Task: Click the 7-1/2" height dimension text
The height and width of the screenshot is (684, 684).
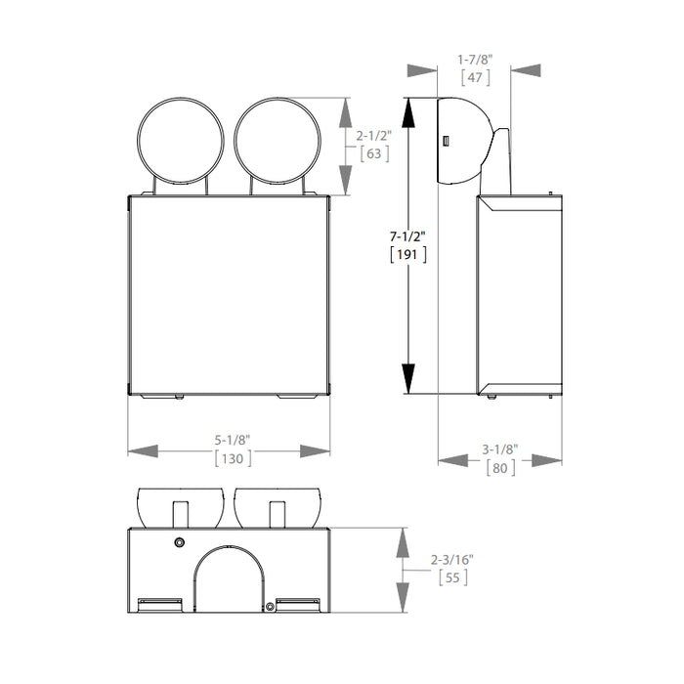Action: [x=407, y=236]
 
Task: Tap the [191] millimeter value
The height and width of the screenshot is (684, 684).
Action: [x=407, y=254]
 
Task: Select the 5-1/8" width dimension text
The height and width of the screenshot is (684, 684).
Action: [x=231, y=440]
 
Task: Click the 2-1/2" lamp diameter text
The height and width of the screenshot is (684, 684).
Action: [x=373, y=136]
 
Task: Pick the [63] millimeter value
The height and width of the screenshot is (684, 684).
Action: [x=373, y=153]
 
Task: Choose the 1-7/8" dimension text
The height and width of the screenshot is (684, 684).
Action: [x=475, y=60]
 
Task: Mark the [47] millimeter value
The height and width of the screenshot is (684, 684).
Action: [x=475, y=78]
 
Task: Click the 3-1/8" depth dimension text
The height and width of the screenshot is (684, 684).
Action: [x=500, y=449]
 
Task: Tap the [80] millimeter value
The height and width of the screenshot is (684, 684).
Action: [x=500, y=467]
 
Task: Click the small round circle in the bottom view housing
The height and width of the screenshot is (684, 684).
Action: [x=179, y=542]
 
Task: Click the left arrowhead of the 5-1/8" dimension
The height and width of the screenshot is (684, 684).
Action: [x=143, y=450]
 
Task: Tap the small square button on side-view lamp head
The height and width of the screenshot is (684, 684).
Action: [x=446, y=143]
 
